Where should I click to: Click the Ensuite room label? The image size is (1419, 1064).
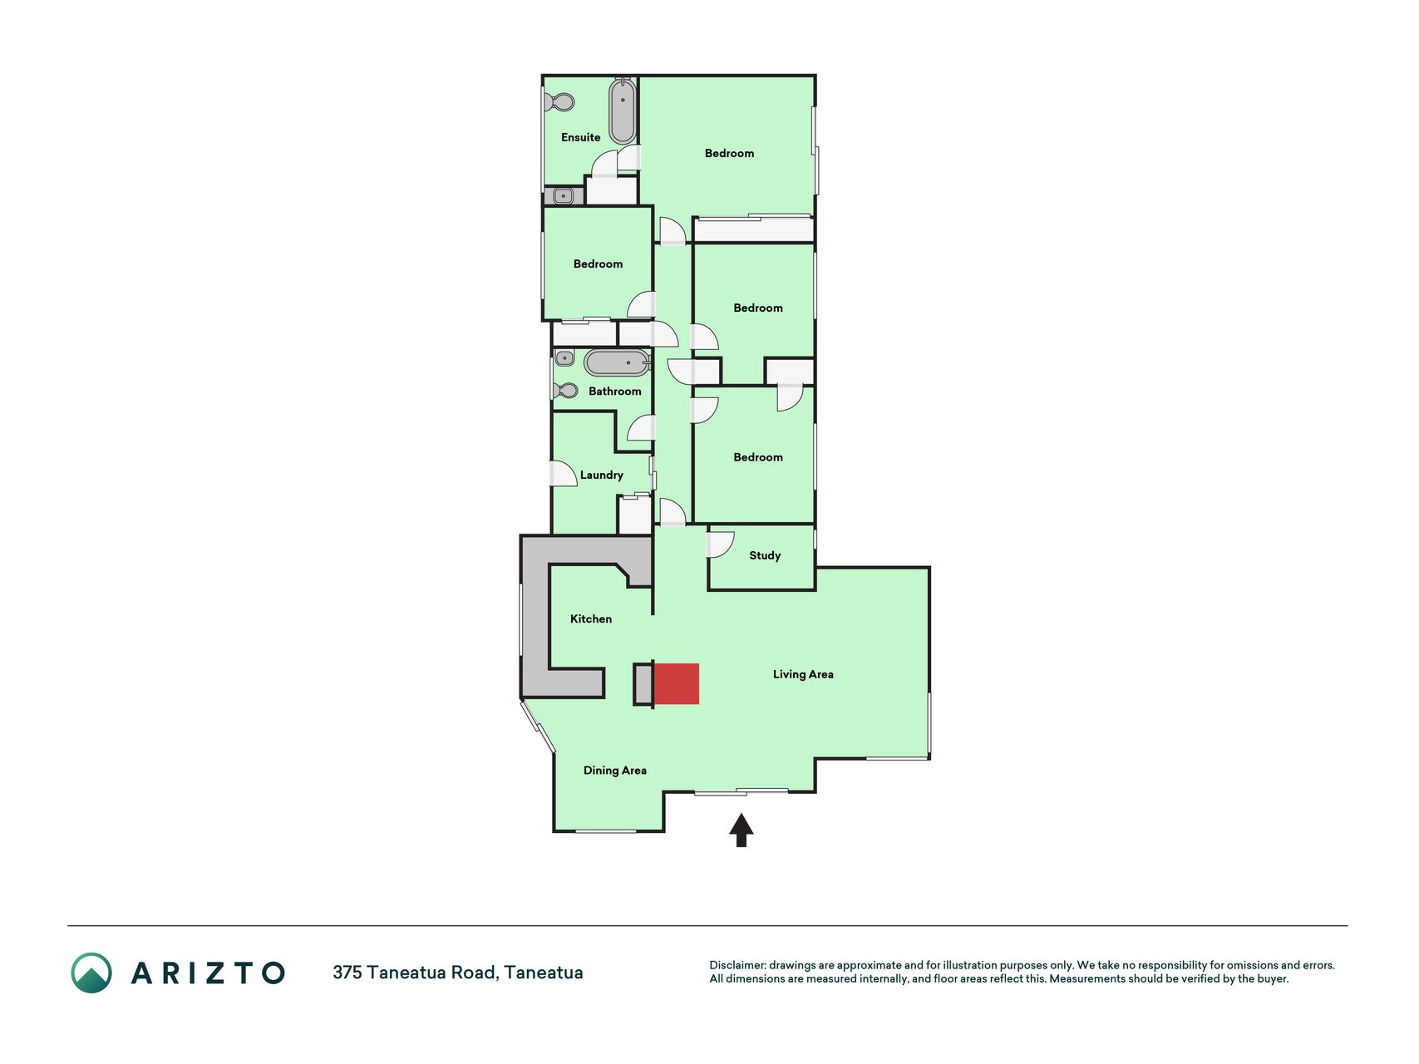coord(580,137)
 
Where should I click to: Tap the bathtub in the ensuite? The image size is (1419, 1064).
coord(623,111)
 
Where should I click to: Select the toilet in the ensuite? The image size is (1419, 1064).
coord(559,102)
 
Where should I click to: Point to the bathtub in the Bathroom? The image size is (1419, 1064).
coord(616,362)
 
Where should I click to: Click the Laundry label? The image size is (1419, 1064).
coord(601,475)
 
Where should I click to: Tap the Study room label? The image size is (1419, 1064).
coord(765,555)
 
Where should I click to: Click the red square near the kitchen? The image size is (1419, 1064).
coord(677,684)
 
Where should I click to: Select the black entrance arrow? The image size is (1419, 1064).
coord(742,830)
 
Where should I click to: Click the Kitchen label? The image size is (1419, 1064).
coord(591,618)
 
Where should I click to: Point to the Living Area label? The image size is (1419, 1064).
coord(803,674)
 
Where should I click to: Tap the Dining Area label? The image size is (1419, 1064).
coord(615,771)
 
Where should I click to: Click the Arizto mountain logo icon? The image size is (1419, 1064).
coord(91,973)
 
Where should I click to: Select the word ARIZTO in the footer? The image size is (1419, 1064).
coord(209,973)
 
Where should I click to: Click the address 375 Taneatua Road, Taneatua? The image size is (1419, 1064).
coord(458,973)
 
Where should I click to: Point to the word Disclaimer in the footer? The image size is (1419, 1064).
coord(737,965)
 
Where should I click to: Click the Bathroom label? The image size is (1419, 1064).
coord(615,392)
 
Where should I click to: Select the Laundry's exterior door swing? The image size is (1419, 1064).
coord(564,474)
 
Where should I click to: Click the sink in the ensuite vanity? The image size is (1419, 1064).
coord(564,196)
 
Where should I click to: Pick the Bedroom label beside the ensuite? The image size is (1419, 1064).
coord(729,153)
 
